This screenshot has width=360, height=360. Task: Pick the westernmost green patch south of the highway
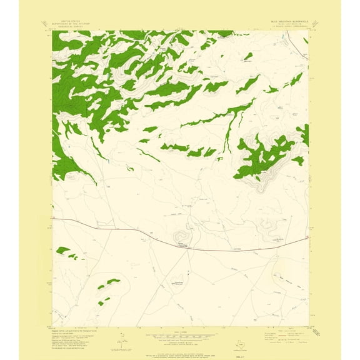coord(62,251)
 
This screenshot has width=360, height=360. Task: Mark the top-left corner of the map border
coord(52,31)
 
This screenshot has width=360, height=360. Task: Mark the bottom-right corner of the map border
coord(309,326)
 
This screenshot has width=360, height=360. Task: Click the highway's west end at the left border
coord(53,219)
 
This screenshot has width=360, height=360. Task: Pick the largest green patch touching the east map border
coord(304,134)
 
